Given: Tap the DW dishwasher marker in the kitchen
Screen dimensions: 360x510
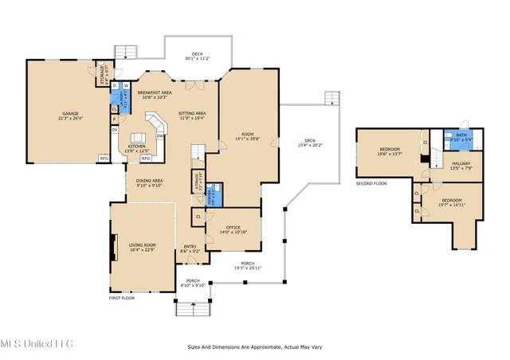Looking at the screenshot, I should point(160,136).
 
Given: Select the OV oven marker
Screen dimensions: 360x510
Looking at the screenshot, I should point(115,130).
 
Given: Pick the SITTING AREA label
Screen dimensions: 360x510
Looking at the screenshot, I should point(192,114).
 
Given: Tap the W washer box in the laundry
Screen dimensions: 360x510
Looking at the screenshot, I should point(126,85).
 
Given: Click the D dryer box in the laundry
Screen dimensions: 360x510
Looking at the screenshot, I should point(115,85).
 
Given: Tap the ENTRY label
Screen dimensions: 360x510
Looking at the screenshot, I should point(190,246).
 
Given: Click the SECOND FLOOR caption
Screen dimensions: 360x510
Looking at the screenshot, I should point(371,182).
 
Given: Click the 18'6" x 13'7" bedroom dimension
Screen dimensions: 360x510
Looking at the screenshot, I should point(390,154).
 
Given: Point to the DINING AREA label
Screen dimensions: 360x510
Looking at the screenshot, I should point(151,181).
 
